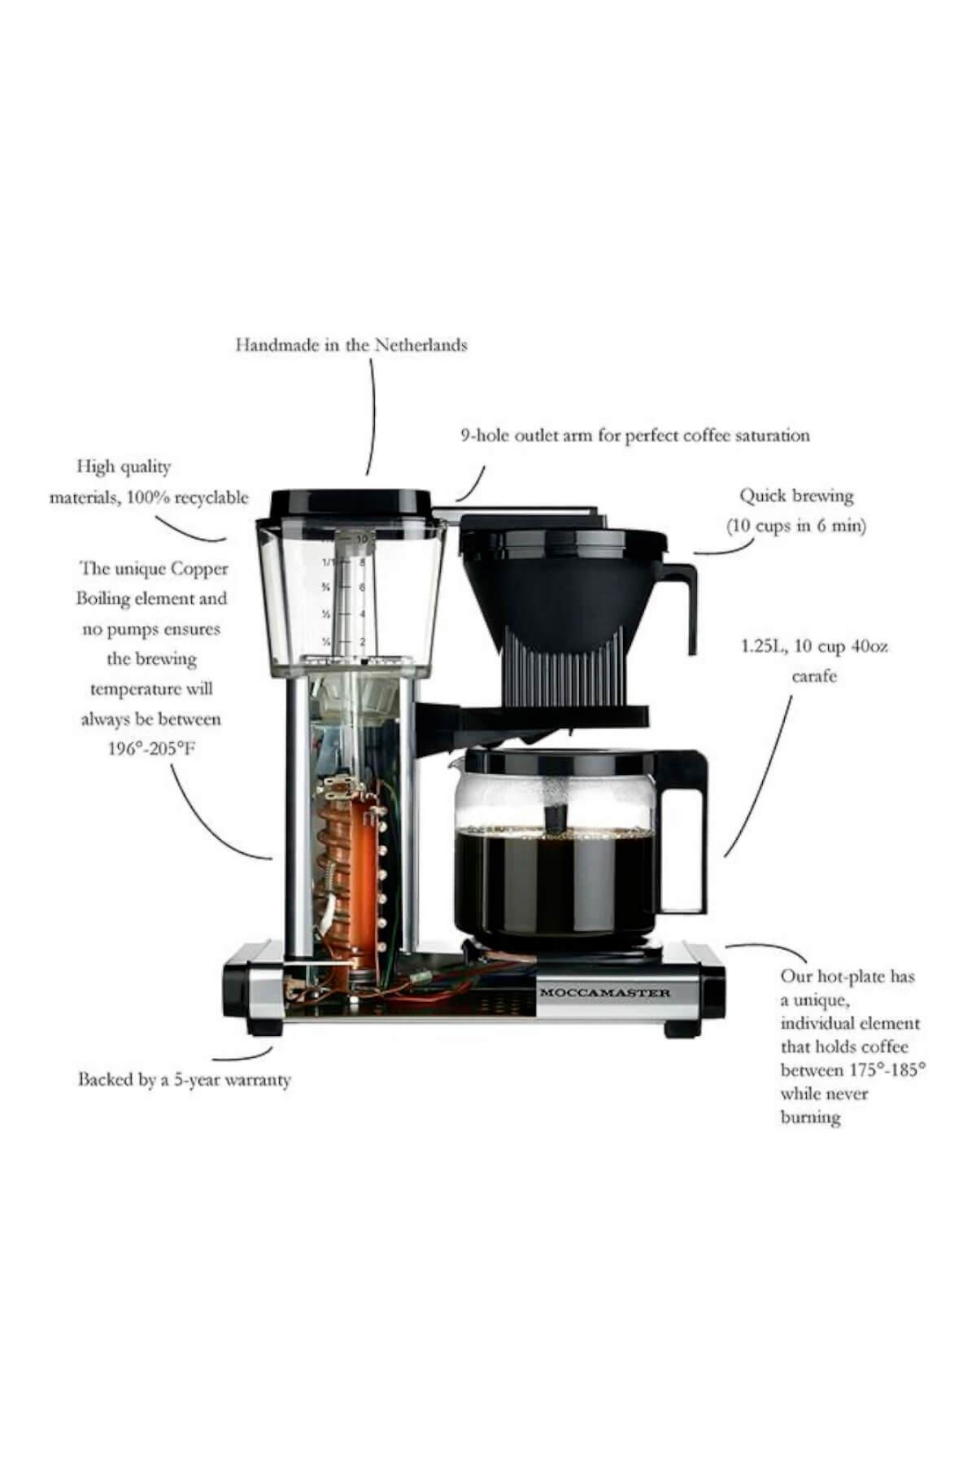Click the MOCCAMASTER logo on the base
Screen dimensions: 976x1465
pyautogui.click(x=605, y=993)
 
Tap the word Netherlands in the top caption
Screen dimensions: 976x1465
pyautogui.click(x=420, y=344)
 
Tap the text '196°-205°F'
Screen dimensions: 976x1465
pyautogui.click(x=151, y=749)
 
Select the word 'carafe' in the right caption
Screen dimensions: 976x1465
pyautogui.click(x=814, y=676)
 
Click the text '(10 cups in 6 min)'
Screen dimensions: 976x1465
pyautogui.click(x=796, y=526)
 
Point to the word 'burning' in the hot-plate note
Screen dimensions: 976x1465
pyautogui.click(x=810, y=1117)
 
